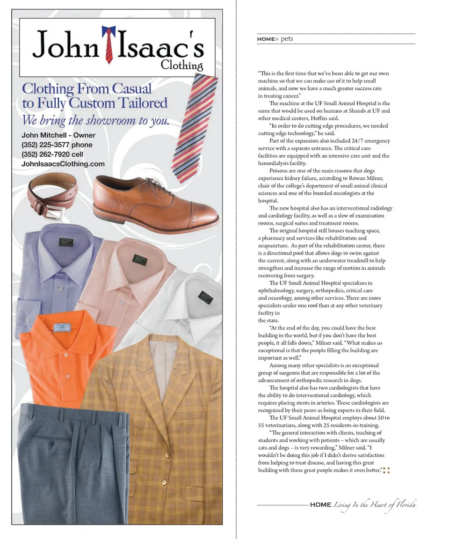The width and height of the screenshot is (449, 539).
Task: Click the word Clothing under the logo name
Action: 182,65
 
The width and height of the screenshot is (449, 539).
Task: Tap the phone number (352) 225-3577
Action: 57,145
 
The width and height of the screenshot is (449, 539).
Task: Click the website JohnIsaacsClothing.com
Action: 63,164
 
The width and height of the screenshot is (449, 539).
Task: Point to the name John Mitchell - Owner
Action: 58,135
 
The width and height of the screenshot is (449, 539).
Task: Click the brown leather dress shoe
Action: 154,202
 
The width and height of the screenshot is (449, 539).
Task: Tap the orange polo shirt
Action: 65,356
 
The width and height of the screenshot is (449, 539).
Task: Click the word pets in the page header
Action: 287,39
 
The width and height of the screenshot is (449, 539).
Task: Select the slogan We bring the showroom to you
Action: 95,120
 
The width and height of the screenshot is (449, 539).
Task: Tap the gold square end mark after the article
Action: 386,470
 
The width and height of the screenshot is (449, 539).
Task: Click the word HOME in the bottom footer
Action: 320,505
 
